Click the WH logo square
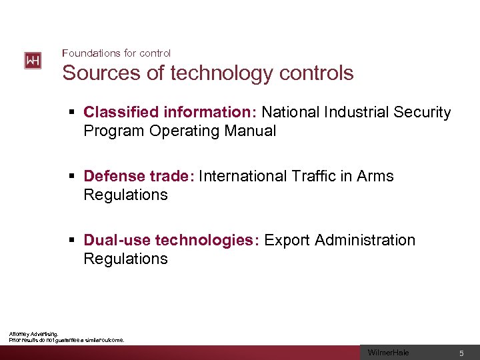pyautogui.click(x=33, y=61)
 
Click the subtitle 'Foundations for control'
pyautogui.click(x=116, y=53)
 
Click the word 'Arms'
pyautogui.click(x=375, y=176)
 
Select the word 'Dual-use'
pyautogui.click(x=117, y=240)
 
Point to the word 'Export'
pyautogui.click(x=287, y=240)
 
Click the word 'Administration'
pyautogui.click(x=365, y=240)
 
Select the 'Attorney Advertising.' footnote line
pyautogui.click(x=33, y=334)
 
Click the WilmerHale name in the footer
pyautogui.click(x=389, y=353)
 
